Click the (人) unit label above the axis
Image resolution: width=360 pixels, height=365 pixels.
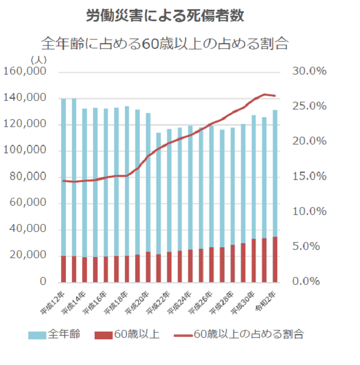pyautogui.click(x=39, y=60)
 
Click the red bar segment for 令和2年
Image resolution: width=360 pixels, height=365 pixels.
pyautogui.click(x=275, y=260)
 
